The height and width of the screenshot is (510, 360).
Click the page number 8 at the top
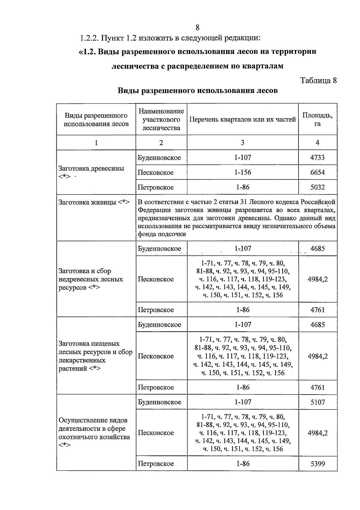tap(197, 28)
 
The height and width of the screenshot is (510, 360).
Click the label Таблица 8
tap(318, 80)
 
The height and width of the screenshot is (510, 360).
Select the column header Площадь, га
tap(317, 119)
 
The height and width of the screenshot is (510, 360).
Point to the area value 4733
tap(317, 157)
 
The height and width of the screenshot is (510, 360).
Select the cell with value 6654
tap(317, 172)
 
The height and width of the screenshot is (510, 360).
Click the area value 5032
tap(317, 187)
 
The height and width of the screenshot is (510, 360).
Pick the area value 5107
tap(317, 402)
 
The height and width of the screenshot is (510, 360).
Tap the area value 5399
tap(317, 464)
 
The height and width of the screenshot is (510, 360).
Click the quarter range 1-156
tap(242, 172)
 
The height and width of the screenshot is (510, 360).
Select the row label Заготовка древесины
tap(91, 169)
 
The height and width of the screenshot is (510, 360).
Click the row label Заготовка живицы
tap(94, 202)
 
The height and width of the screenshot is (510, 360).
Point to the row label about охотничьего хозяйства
tap(94, 433)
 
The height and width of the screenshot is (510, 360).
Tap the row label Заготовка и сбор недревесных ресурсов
tap(91, 279)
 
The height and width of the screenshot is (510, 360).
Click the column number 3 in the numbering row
tap(242, 143)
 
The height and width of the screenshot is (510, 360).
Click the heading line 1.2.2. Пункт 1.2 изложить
tap(170, 38)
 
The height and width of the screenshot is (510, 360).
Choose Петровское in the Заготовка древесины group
tap(156, 187)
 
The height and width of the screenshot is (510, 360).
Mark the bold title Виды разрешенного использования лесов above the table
tap(197, 91)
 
